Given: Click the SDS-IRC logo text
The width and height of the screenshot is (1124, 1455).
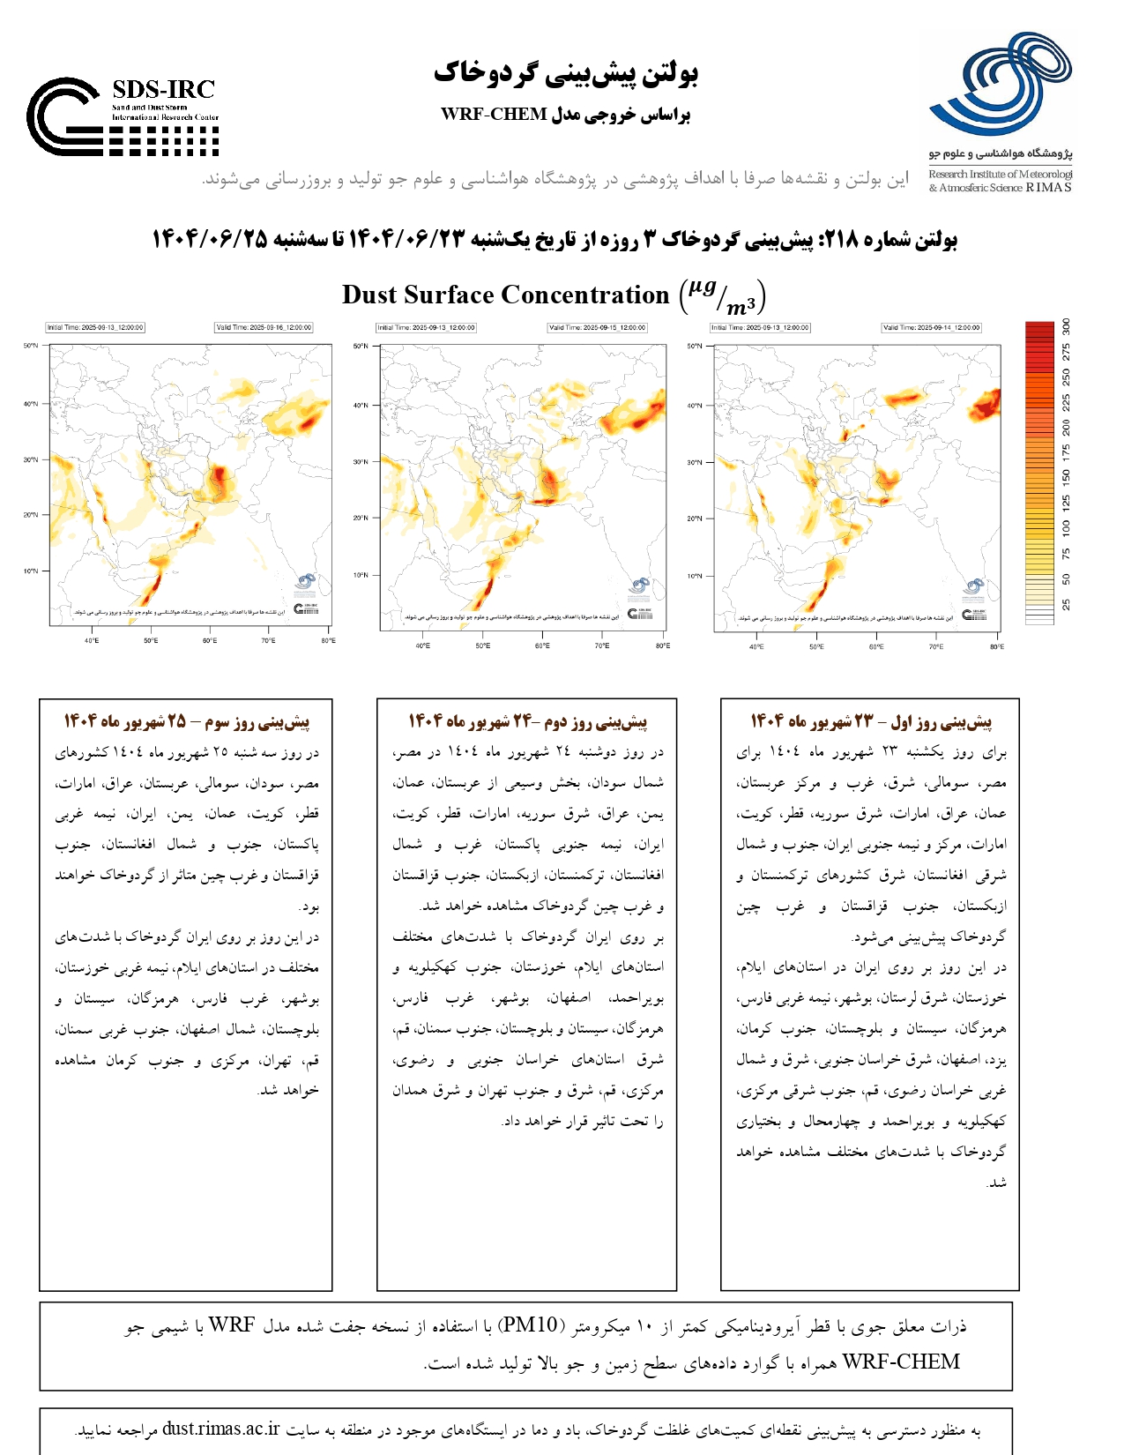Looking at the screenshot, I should pos(164,90).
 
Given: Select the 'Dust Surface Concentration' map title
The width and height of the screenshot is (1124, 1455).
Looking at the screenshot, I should pos(505,295).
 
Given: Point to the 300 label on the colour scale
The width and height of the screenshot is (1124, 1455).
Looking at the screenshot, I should pos(1066,326).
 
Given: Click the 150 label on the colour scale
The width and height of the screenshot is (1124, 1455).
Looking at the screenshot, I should pos(1066,478).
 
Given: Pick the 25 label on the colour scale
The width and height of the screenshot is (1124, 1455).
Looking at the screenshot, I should pos(1066,604).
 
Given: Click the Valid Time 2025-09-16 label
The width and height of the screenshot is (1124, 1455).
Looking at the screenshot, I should pos(264,327).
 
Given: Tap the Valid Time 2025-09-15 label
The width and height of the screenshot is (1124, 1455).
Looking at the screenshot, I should pos(597,327).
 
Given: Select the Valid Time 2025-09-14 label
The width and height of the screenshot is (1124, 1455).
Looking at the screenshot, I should pos(931,327).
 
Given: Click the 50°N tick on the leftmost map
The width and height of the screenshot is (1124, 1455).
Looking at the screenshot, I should pos(30,346).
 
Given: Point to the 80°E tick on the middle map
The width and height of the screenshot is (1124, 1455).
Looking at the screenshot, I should pos(662,646).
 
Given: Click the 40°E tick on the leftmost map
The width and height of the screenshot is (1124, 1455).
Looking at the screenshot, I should pos(92,641).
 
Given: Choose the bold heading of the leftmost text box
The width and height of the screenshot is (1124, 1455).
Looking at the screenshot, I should pos(186,722).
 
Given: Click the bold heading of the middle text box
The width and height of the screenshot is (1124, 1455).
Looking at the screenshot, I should pos(527,722).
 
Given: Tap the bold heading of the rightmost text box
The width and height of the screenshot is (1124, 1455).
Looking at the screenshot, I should pos(871,722).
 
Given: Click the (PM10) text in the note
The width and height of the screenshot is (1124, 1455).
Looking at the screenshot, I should pos(529,1325).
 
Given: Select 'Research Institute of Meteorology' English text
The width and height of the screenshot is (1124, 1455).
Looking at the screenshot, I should pos(999,175).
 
